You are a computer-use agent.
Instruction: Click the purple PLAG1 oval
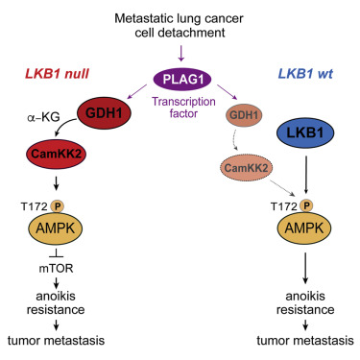pyautogui.click(x=180, y=78)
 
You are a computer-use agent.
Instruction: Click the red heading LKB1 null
pyautogui.click(x=59, y=75)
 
